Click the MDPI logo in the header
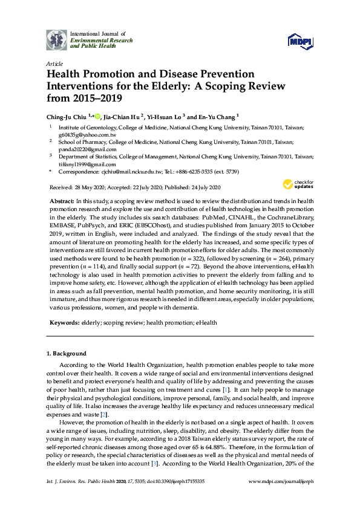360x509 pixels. (x=301, y=41)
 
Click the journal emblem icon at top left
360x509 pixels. (x=57, y=39)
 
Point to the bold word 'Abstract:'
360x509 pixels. (x=61, y=200)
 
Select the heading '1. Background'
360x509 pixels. (x=67, y=354)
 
